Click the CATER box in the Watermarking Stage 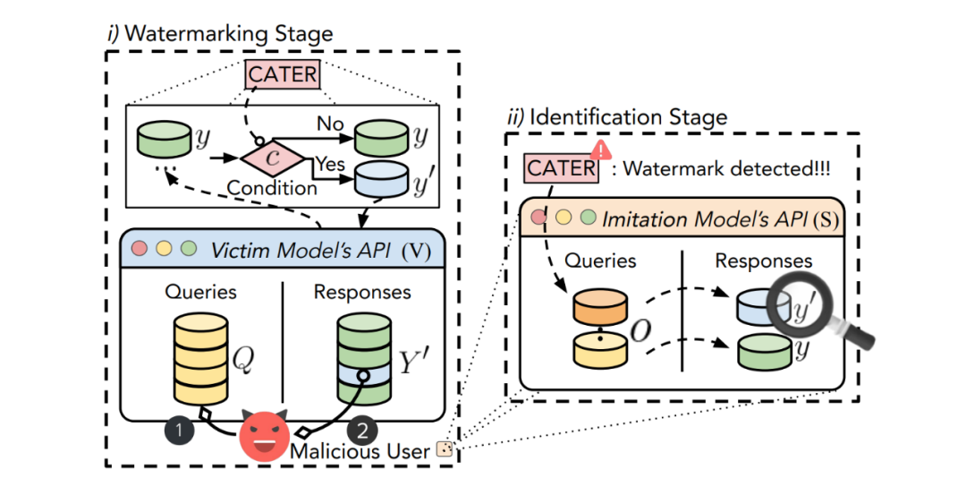283,74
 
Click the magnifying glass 818,310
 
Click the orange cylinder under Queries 598,311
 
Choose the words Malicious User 360,451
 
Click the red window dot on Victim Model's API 139,249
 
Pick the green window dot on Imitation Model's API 589,217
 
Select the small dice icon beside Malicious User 443,449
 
